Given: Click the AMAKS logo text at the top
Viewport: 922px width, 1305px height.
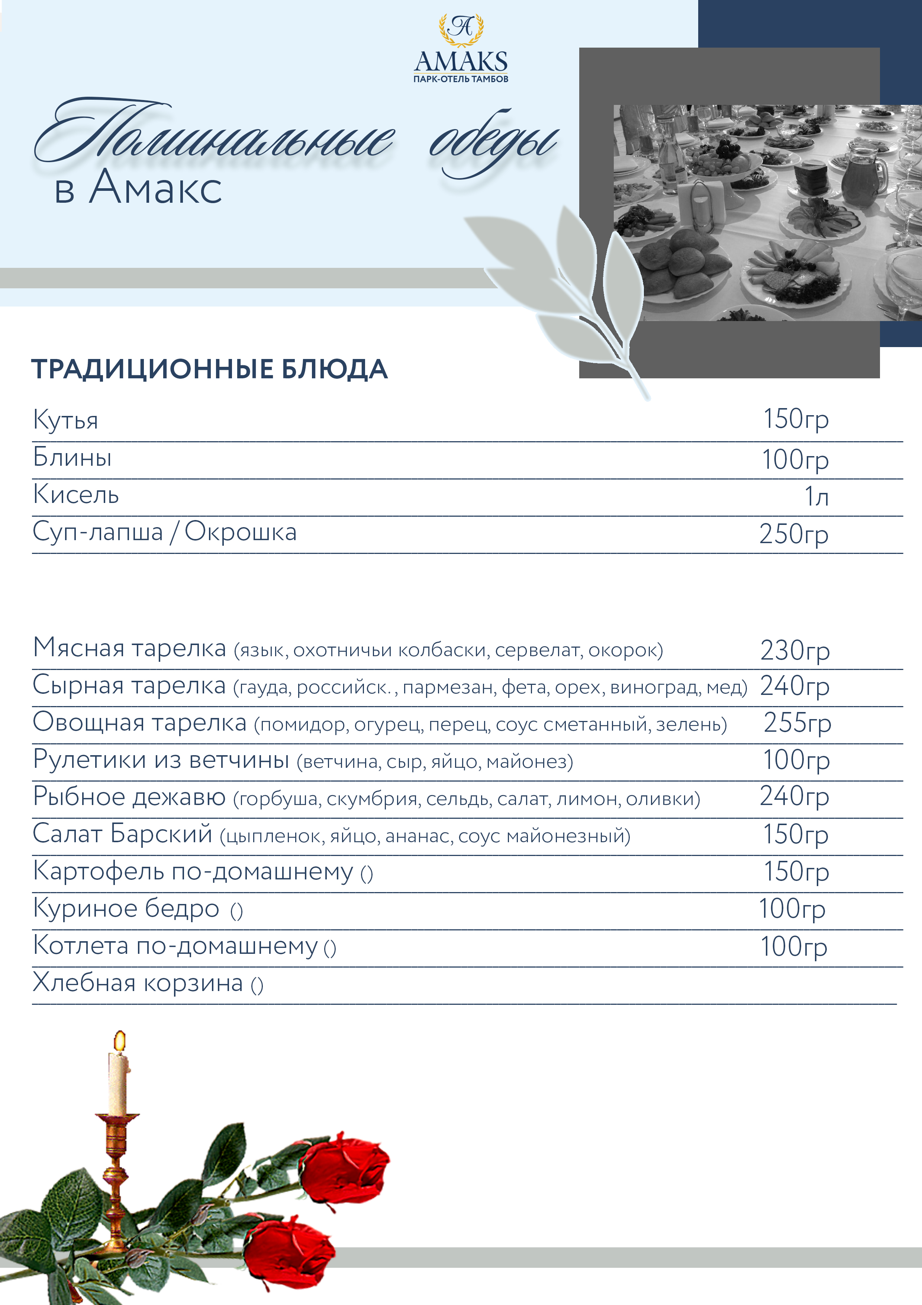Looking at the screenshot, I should click(461, 61).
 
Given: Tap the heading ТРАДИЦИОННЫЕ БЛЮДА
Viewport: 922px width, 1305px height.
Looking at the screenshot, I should click(209, 369).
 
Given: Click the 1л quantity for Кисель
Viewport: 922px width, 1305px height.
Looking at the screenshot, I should click(816, 496).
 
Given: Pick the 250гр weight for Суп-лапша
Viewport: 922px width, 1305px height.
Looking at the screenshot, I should click(794, 534).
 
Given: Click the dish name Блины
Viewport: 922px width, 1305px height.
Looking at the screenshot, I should click(72, 457).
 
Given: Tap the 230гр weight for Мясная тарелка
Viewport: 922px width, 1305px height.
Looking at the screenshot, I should click(795, 650).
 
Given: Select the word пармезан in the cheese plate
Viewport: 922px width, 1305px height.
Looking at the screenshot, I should click(449, 688).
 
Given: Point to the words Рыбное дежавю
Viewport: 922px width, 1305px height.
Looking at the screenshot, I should click(129, 796).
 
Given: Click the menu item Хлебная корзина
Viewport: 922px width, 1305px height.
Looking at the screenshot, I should click(138, 983).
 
